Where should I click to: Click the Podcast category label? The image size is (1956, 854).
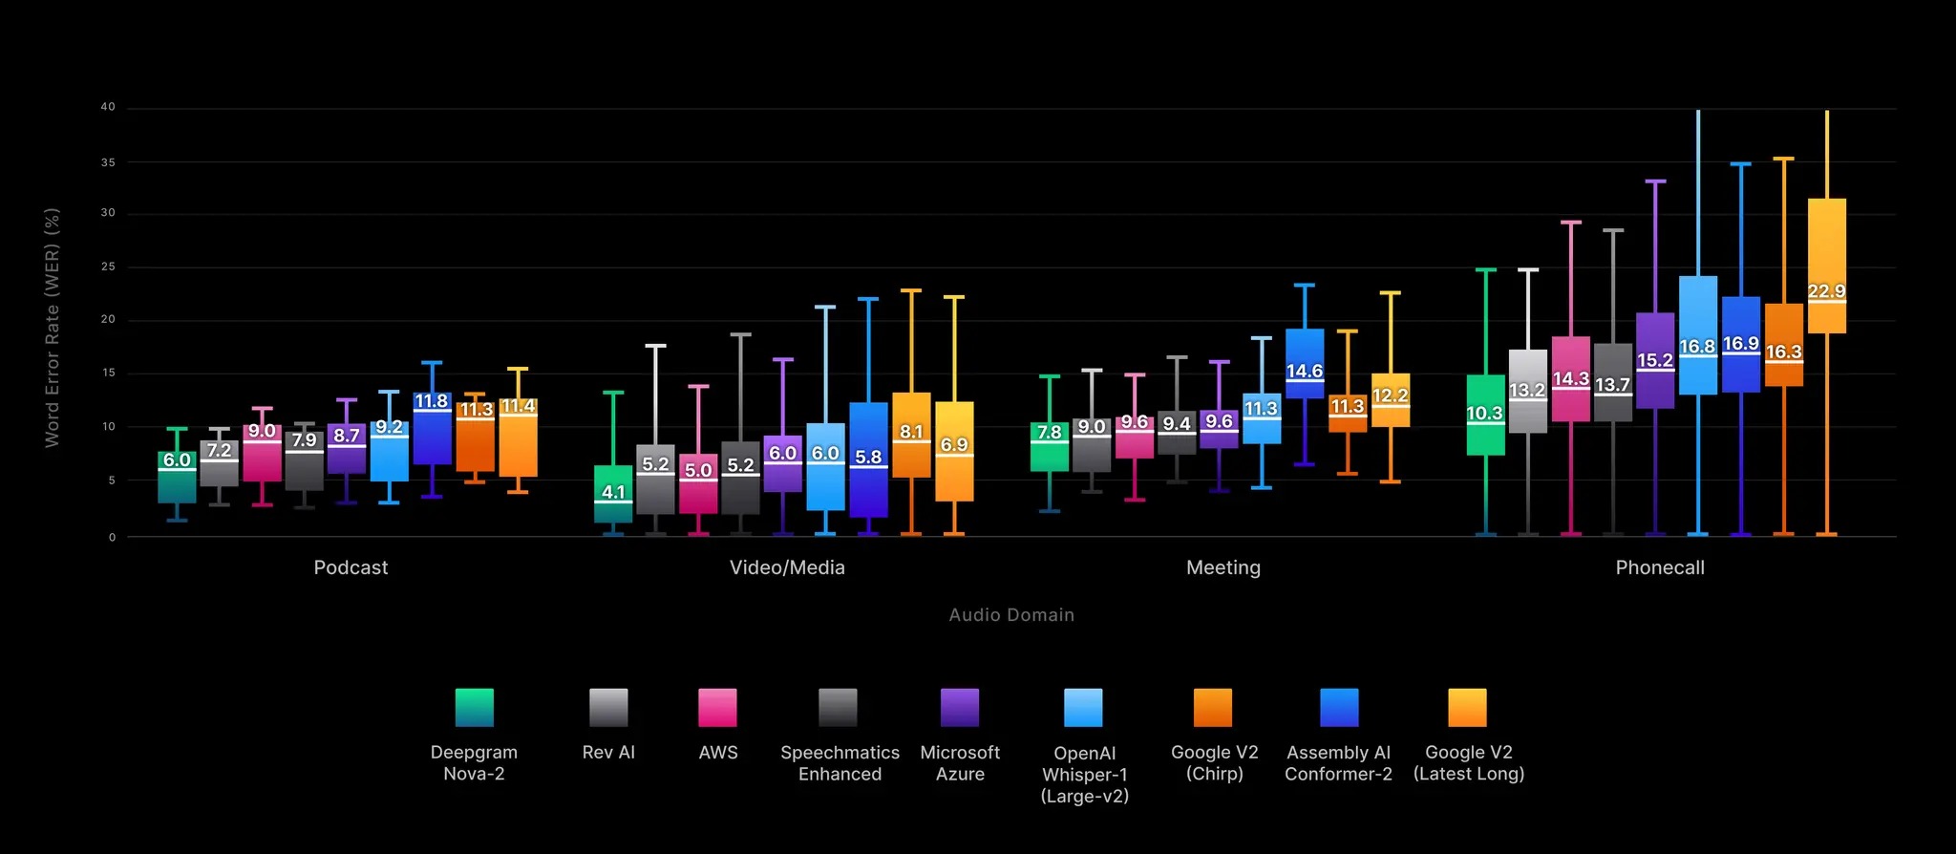351,567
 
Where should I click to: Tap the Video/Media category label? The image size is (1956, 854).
787,567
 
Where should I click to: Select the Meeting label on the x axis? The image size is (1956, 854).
1223,567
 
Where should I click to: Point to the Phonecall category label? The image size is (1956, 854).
1660,567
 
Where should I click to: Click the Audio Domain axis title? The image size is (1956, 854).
1011,615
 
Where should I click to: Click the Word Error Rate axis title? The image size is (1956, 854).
53,327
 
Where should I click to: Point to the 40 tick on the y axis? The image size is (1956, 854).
108,107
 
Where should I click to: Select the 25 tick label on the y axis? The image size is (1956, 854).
108,267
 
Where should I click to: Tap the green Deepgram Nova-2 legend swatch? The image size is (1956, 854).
475,708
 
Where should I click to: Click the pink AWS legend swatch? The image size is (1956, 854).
717,708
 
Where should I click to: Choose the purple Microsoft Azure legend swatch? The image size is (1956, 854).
960,708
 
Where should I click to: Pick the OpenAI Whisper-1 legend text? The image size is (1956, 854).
1085,775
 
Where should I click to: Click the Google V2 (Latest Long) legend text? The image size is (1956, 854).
1469,763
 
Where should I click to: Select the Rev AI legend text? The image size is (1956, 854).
608,753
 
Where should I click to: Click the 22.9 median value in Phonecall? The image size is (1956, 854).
1826,291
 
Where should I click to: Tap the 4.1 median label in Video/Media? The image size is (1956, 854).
613,492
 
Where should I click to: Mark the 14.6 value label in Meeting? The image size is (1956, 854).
1305,371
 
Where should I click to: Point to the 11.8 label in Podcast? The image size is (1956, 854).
432,401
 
